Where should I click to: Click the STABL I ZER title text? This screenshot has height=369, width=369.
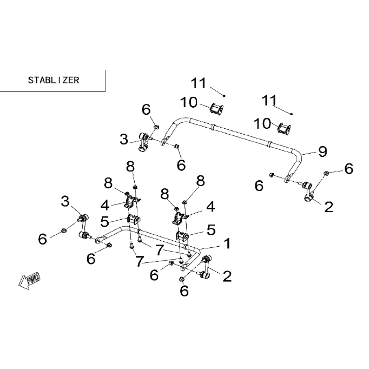[x=54, y=80]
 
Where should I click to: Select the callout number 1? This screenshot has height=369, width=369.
[x=227, y=243]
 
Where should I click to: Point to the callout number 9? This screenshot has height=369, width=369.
[x=322, y=151]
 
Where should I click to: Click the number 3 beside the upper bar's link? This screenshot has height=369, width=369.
[x=124, y=139]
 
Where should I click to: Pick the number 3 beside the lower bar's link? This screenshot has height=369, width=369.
[x=65, y=201]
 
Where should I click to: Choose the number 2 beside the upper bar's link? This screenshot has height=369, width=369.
[x=328, y=207]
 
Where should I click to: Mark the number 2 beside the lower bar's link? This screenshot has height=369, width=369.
[x=227, y=276]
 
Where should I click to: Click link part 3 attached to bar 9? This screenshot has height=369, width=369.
[x=143, y=142]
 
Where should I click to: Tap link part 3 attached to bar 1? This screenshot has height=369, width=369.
[x=84, y=226]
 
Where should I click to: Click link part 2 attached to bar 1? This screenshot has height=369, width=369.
[x=205, y=267]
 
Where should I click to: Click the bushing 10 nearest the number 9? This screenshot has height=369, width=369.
[x=284, y=128]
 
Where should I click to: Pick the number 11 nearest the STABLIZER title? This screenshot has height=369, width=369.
[x=199, y=83]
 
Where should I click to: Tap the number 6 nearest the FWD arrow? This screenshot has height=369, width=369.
[x=43, y=239]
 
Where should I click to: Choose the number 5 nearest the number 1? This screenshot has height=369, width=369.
[x=211, y=230]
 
